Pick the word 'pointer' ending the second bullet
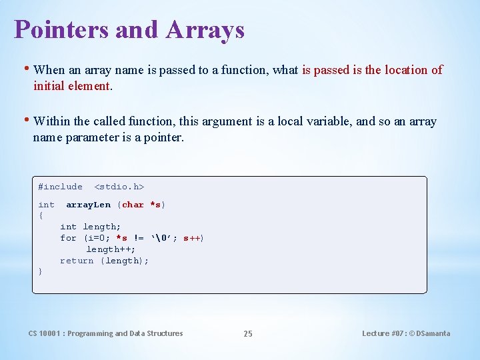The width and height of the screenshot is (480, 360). pyautogui.click(x=163, y=138)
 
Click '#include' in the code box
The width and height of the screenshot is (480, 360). pyautogui.click(x=60, y=187)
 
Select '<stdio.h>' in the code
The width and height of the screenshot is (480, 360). pyautogui.click(x=119, y=187)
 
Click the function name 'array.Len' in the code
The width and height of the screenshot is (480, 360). pyautogui.click(x=88, y=205)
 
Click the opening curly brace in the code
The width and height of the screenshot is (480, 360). pyautogui.click(x=41, y=215)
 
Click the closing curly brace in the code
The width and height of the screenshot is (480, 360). pyautogui.click(x=41, y=271)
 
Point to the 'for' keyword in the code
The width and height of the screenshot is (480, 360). pyautogui.click(x=68, y=238)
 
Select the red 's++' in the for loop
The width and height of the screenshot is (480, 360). pyautogui.click(x=191, y=238)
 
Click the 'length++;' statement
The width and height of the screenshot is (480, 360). pyautogui.click(x=111, y=249)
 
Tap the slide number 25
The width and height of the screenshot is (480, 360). pyautogui.click(x=248, y=333)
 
